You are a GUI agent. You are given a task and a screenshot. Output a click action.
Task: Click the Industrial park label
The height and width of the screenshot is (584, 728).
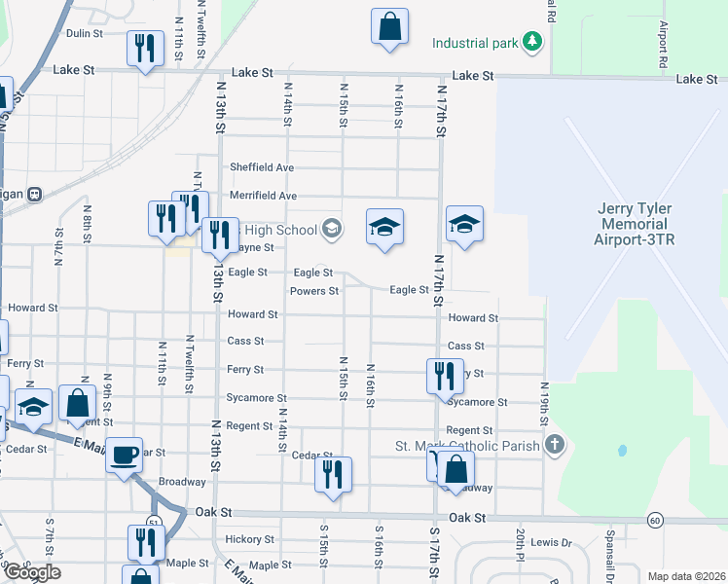[475, 43]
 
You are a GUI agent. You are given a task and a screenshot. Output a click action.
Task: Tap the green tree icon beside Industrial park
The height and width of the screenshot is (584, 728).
[531, 42]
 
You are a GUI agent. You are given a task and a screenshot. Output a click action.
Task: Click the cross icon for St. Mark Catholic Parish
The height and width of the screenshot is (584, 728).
[554, 446]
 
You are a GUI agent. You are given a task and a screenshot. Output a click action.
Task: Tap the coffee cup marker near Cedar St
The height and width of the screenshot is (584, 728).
[124, 456]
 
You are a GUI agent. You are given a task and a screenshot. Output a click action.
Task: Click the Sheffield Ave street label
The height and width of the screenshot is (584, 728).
[262, 167]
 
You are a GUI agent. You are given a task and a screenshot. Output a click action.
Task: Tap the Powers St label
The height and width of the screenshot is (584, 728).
[313, 291]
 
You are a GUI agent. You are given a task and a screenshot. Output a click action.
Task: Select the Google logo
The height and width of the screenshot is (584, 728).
[31, 571]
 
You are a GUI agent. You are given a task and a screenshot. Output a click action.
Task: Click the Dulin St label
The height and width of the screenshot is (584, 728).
[85, 33]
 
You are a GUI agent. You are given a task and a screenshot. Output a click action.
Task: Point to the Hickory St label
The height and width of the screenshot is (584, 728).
[249, 539]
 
